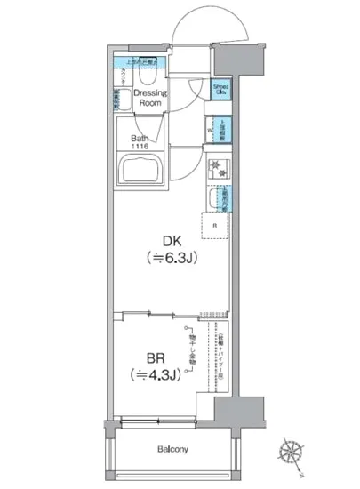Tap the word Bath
pyautogui.click(x=140, y=137)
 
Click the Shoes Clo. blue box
pyautogui.click(x=219, y=90)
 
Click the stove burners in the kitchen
pyautogui.click(x=218, y=167)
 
